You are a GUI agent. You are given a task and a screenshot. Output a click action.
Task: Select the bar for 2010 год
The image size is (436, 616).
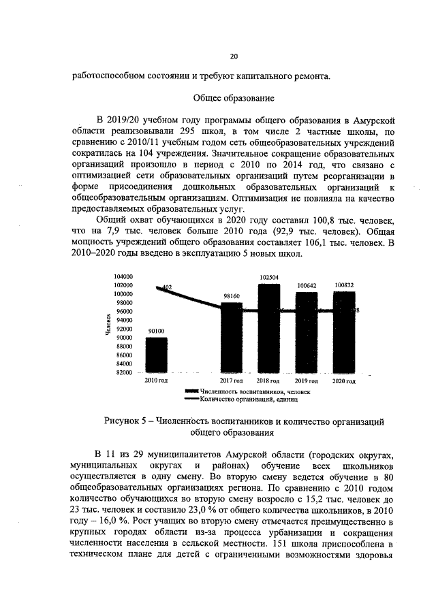pos(156,355)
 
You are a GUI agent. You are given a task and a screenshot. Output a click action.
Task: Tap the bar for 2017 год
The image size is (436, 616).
pos(232,338)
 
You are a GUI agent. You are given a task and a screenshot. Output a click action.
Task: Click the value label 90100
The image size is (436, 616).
pos(156,331)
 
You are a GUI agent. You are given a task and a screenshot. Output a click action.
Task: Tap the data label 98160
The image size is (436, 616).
pos(232,297)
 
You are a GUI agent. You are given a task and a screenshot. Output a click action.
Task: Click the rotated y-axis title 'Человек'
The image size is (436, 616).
pos(108,326)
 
